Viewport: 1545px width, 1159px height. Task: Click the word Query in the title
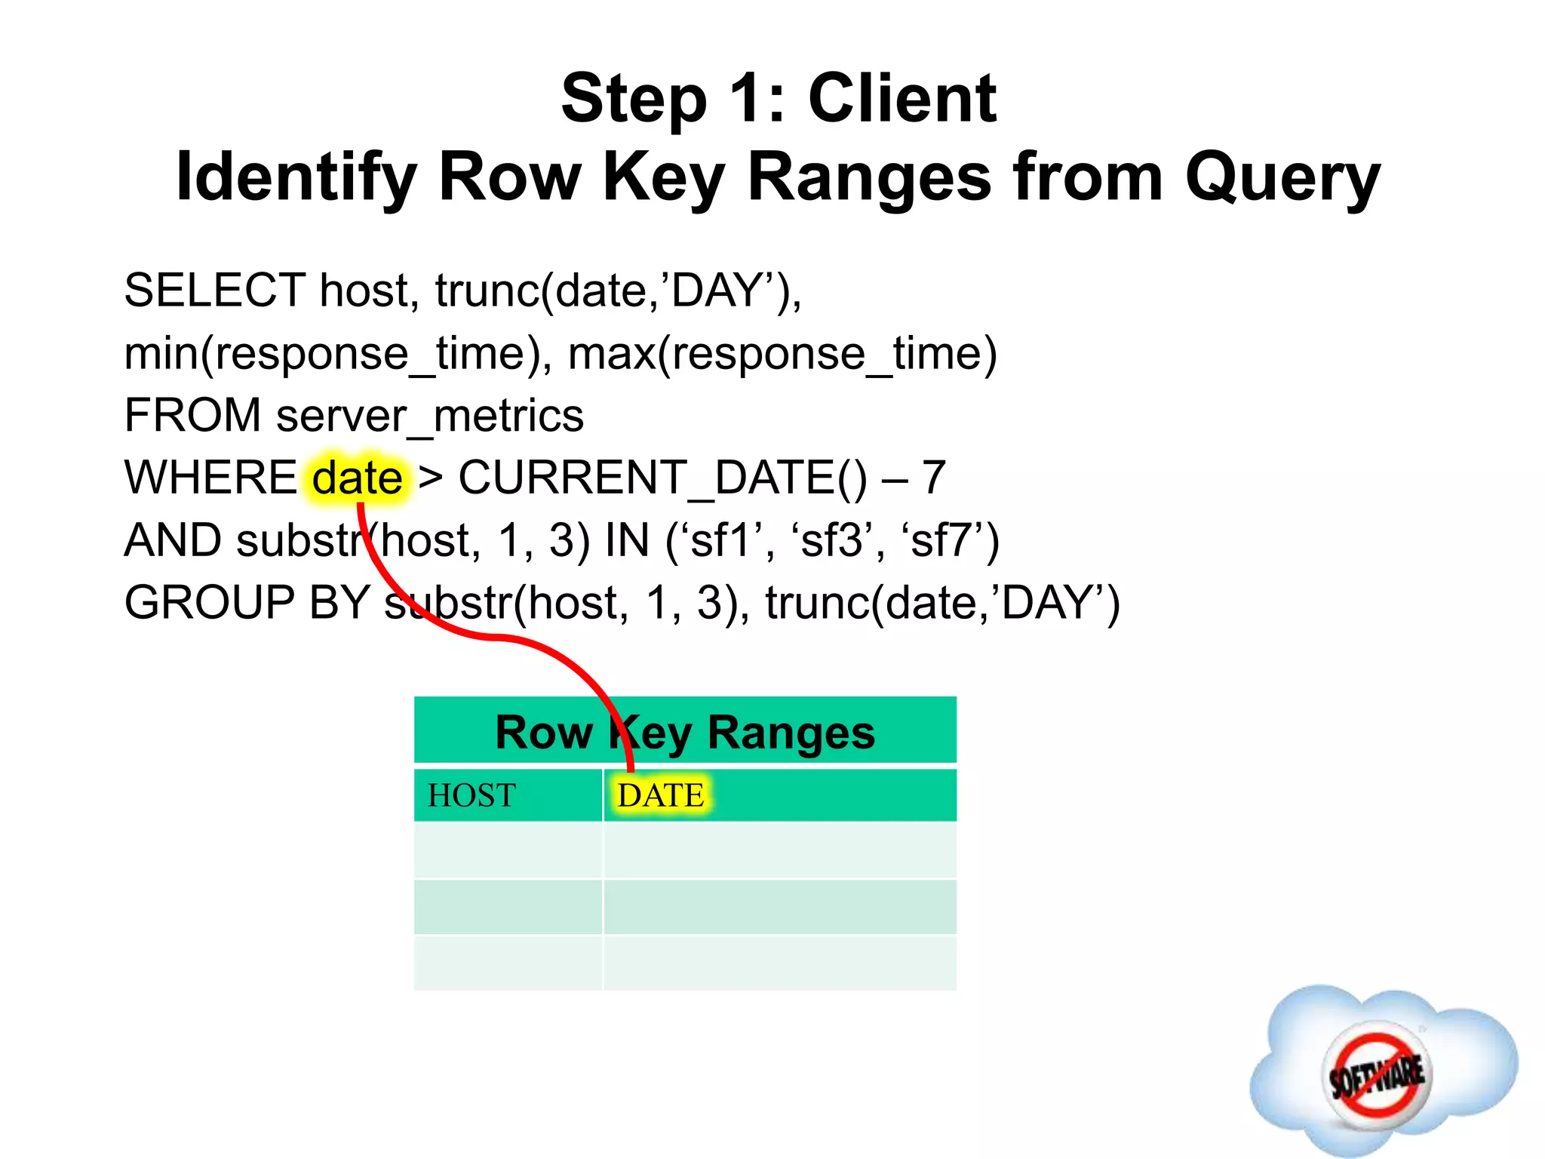pos(1282,179)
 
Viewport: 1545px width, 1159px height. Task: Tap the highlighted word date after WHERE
pos(358,478)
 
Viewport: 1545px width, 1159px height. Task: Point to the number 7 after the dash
pos(934,478)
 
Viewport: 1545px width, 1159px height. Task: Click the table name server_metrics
pos(430,416)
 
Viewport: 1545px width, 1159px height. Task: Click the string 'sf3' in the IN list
pos(831,541)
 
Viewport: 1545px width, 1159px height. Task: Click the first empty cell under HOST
pos(508,850)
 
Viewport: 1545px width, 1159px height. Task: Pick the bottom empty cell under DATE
pos(779,963)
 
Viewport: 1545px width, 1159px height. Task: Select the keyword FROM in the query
pos(192,416)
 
